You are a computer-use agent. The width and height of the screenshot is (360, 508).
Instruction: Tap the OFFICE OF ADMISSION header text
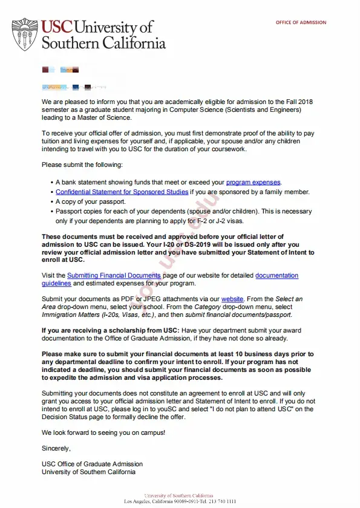click(x=301, y=22)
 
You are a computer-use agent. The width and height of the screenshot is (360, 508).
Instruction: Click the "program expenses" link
click(x=254, y=182)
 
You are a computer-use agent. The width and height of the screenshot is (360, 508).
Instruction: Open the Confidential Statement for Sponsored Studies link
click(x=122, y=192)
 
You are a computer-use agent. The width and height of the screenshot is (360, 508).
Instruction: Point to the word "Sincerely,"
click(x=56, y=448)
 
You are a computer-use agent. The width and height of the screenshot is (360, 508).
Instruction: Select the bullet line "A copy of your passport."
click(x=90, y=201)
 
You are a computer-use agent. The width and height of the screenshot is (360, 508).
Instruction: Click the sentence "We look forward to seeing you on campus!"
click(x=103, y=433)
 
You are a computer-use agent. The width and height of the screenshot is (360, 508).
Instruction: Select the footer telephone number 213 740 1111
click(x=221, y=502)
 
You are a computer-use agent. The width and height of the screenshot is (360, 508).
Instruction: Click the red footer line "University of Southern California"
click(x=178, y=496)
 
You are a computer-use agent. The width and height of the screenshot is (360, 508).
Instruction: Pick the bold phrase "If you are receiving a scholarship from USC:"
click(x=110, y=330)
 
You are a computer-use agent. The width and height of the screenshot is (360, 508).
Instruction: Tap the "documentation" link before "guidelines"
click(x=277, y=275)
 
